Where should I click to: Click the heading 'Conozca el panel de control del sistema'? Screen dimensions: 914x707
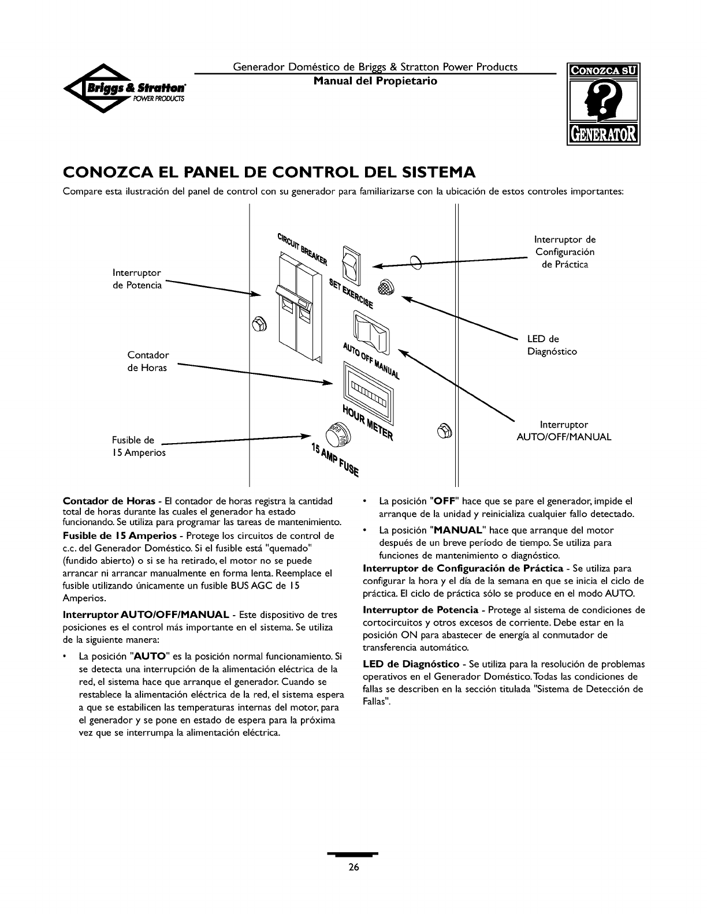pos(269,173)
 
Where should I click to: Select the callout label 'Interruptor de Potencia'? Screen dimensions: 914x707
pos(137,279)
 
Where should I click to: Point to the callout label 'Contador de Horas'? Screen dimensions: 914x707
pos(148,361)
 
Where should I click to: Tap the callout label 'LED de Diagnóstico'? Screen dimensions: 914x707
pos(551,345)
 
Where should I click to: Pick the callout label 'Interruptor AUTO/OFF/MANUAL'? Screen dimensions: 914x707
pos(563,431)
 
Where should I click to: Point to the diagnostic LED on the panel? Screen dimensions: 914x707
pos(385,287)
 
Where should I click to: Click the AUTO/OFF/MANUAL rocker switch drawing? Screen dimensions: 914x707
pos(373,331)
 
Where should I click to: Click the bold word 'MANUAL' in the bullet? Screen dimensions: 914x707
pos(459,530)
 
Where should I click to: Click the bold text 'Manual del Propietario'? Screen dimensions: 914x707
pos(375,81)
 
